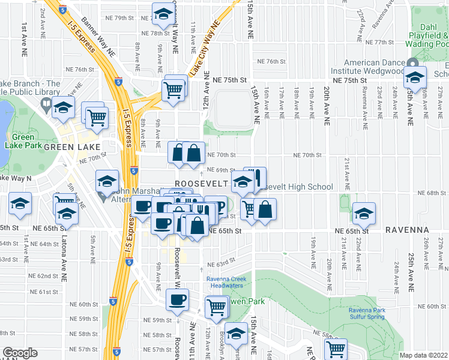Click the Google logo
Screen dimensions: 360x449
(x=19, y=353)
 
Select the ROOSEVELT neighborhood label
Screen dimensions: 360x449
(x=200, y=182)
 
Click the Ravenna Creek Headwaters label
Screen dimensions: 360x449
(x=232, y=282)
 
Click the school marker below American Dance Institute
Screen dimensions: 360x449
(x=415, y=76)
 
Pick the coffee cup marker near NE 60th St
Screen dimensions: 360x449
(x=176, y=299)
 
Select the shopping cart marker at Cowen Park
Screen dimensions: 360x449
(x=217, y=307)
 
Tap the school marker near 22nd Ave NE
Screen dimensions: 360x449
(x=364, y=212)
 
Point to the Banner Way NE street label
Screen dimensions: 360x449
(x=100, y=37)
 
